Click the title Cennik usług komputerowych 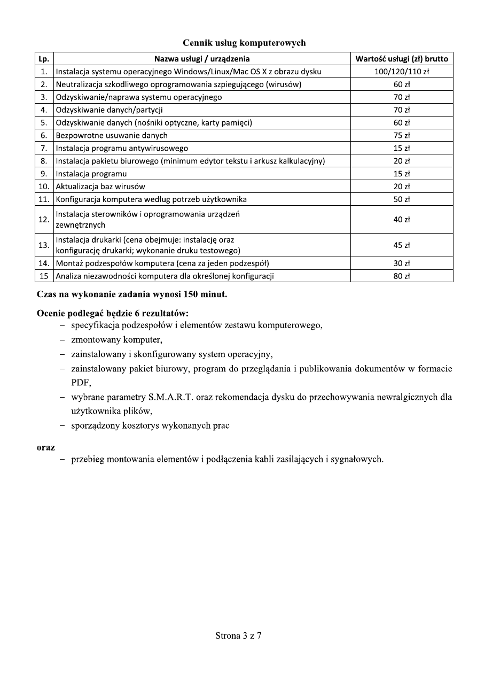[x=244, y=43]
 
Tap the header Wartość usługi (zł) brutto [x=402, y=59]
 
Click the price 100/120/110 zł [x=402, y=72]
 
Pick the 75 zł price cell [x=402, y=135]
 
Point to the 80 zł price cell [x=402, y=276]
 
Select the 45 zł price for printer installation [x=402, y=245]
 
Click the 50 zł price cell [x=402, y=199]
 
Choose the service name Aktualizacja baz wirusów [x=100, y=187]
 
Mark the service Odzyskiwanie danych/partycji [x=110, y=110]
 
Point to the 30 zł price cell [x=402, y=263]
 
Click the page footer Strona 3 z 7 [x=238, y=635]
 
